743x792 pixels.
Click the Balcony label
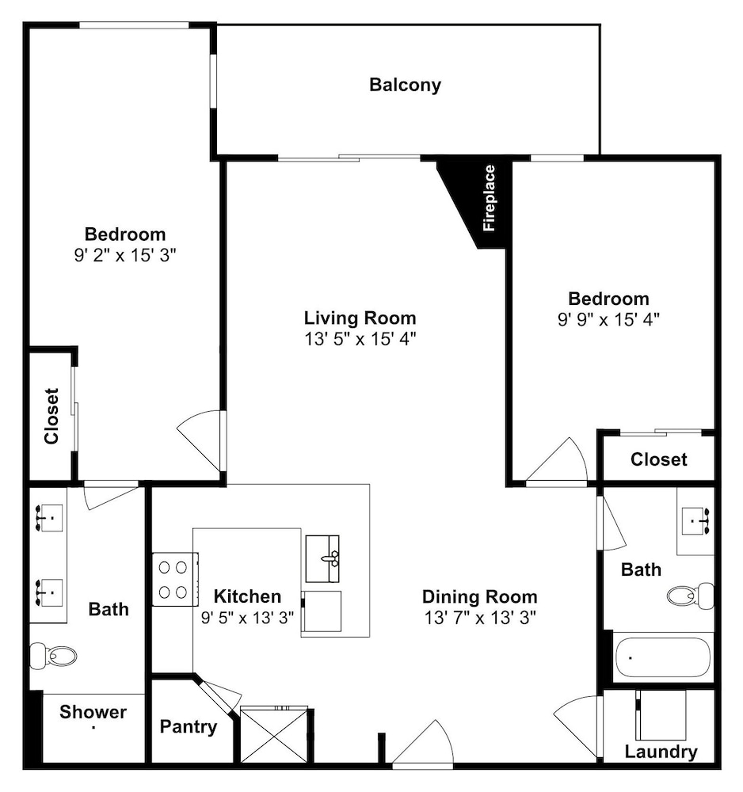pos(405,85)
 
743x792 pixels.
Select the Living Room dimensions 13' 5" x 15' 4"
pos(360,339)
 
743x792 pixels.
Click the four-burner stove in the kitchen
pos(175,580)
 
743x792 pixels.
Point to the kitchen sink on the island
pos(322,559)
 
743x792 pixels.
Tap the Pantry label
pos(189,727)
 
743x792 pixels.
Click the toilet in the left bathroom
pos(53,656)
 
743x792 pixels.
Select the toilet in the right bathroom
pos(690,596)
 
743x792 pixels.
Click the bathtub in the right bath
pos(663,657)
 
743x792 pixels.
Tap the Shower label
pos(93,712)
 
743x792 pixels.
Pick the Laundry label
pos(661,752)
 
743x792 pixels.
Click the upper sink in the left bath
pos(49,518)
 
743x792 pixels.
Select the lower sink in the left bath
pos(49,592)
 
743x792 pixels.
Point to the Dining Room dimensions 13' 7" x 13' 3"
pos(480,618)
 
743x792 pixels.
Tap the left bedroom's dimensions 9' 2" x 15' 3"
pos(125,256)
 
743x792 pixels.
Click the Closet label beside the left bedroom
pos(52,417)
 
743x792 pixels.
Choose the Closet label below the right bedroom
pos(659,459)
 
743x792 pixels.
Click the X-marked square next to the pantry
pos(274,734)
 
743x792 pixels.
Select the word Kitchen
pos(247,596)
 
